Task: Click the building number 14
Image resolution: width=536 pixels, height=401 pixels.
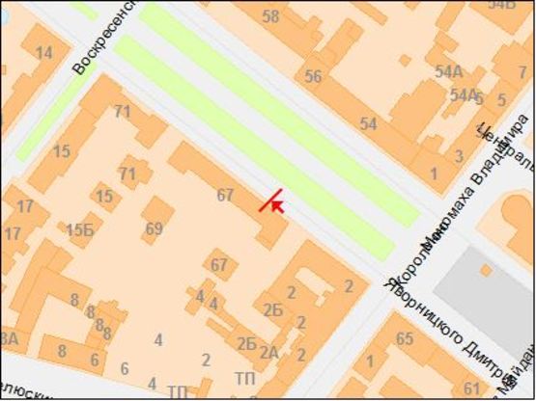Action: pyautogui.click(x=44, y=52)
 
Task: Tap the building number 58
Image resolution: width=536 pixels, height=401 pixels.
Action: pyautogui.click(x=270, y=15)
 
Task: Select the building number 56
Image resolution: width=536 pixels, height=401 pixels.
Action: pyautogui.click(x=313, y=76)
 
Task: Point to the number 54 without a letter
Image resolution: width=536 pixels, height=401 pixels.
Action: pyautogui.click(x=368, y=124)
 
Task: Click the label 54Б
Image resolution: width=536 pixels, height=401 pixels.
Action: pyautogui.click(x=501, y=4)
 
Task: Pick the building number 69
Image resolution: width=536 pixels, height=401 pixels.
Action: pyautogui.click(x=154, y=228)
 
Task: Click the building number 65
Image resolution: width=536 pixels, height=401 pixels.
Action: pyautogui.click(x=405, y=338)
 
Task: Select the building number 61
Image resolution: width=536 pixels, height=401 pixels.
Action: pyautogui.click(x=472, y=388)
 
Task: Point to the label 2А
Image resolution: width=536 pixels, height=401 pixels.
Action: pyautogui.click(x=268, y=353)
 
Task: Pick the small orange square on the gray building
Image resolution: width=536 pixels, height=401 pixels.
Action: pyautogui.click(x=485, y=271)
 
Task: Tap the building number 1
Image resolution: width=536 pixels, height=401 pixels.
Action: pyautogui.click(x=434, y=174)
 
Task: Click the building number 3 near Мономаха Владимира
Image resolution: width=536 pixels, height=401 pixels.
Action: pyautogui.click(x=458, y=156)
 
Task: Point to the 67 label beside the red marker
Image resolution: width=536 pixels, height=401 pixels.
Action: pyautogui.click(x=225, y=195)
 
